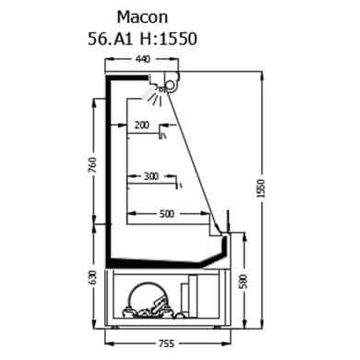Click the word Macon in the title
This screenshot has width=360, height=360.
pos(142,18)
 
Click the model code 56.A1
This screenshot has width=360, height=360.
pos(111,39)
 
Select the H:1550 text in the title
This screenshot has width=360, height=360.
pos(168,39)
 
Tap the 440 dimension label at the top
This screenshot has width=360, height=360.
pos(143,59)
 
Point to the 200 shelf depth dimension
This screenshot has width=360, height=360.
pos(142,126)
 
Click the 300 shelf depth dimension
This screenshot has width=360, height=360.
pos(151,176)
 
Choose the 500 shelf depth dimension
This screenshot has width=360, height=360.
pos(167,213)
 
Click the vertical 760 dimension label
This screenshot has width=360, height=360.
pos(92,165)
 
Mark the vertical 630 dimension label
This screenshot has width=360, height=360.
pos(92,278)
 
